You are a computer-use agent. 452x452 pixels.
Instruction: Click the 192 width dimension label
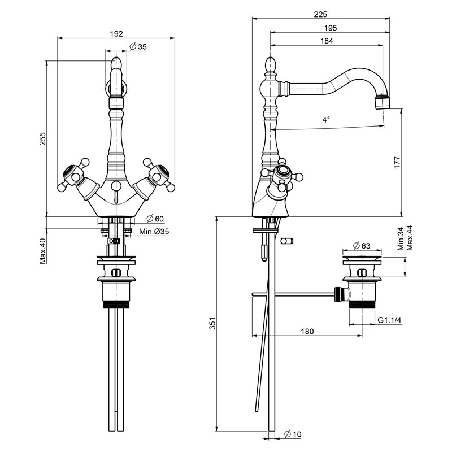116,34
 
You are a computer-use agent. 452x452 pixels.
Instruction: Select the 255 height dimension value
43,138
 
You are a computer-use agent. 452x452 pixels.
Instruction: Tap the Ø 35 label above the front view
138,46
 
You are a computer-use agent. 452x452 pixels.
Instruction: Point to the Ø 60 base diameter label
155,219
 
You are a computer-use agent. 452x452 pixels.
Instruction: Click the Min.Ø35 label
154,232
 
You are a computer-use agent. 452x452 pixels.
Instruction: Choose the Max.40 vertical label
43,251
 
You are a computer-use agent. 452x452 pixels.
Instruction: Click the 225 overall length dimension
320,14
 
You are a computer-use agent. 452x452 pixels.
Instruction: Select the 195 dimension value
331,28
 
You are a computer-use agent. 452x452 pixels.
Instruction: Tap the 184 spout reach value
327,41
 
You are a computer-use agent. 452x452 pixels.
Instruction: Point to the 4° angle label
326,119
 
